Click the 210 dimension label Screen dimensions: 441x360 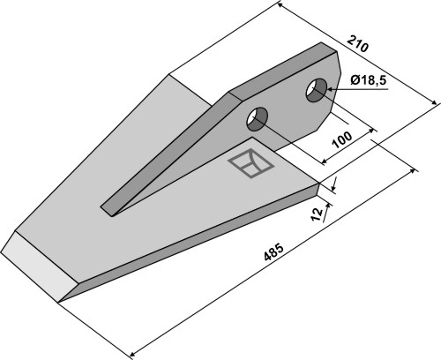357,43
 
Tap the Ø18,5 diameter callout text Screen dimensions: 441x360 368,79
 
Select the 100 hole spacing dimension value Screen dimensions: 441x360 341,139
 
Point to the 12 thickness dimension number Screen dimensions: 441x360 317,214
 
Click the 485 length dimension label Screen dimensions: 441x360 273,251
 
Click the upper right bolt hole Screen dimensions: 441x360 317,90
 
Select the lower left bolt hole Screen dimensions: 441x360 258,119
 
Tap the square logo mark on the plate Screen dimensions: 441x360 251,163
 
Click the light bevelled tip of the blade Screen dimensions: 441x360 38,266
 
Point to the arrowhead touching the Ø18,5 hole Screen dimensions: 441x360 330,89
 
